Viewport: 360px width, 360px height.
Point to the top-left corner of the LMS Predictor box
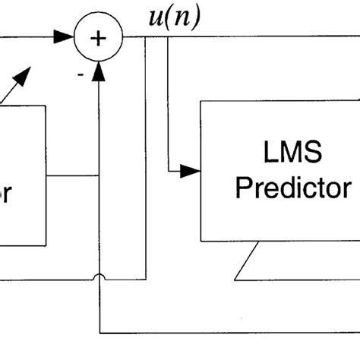click(x=201, y=100)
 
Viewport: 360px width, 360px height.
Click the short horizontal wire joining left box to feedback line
click(x=72, y=177)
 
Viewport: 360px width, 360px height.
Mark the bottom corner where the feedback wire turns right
click(x=99, y=332)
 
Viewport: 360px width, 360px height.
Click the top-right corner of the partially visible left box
click(x=46, y=106)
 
